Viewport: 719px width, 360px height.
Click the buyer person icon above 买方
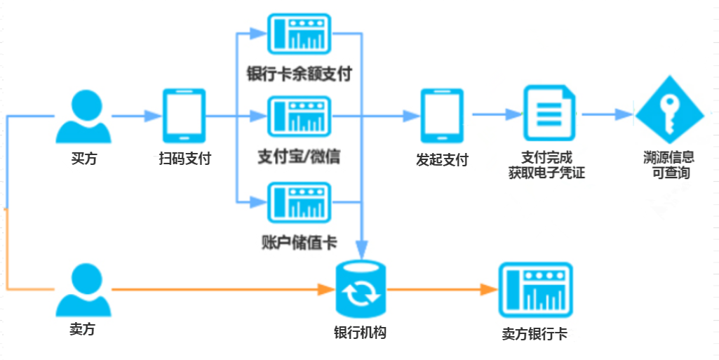[x=83, y=118]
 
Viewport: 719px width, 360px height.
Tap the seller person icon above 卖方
[x=83, y=289]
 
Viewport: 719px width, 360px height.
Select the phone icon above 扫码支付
[x=184, y=116]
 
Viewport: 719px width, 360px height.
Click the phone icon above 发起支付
[x=441, y=116]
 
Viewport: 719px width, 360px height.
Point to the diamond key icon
[x=670, y=114]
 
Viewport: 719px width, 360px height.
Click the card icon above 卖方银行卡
[x=535, y=289]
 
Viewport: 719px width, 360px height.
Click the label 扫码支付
[x=184, y=159]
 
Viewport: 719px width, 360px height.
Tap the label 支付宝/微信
[x=299, y=157]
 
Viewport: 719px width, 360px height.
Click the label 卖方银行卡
[x=535, y=334]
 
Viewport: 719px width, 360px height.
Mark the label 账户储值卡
[x=298, y=244]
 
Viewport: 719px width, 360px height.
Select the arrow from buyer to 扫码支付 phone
[x=134, y=116]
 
